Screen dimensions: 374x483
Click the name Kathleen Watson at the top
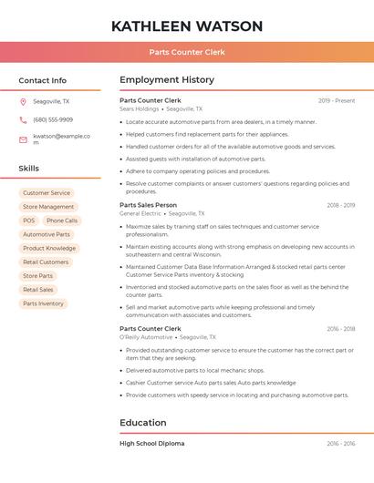pos(187,26)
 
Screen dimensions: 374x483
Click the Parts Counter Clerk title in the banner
pos(187,52)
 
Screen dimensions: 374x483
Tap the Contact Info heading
pos(42,80)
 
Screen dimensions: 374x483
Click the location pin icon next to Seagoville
pos(23,101)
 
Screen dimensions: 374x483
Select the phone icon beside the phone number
pos(23,119)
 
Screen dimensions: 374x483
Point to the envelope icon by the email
pos(23,139)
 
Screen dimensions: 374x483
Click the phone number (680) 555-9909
pos(53,119)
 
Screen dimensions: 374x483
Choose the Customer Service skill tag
pos(47,193)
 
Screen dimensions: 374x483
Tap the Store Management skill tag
pos(48,207)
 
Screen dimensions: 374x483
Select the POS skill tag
pos(29,221)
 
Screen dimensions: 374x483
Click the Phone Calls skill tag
pos(62,221)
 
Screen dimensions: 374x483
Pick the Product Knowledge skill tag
pos(49,248)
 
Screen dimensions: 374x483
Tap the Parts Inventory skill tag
pos(44,303)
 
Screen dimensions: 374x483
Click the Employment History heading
pos(167,80)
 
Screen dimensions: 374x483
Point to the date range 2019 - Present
pos(337,100)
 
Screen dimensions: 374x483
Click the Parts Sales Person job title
pos(148,205)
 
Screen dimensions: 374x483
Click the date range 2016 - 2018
pos(340,329)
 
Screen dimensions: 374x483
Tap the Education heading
pos(143,423)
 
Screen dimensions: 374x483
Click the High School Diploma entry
pos(151,443)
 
